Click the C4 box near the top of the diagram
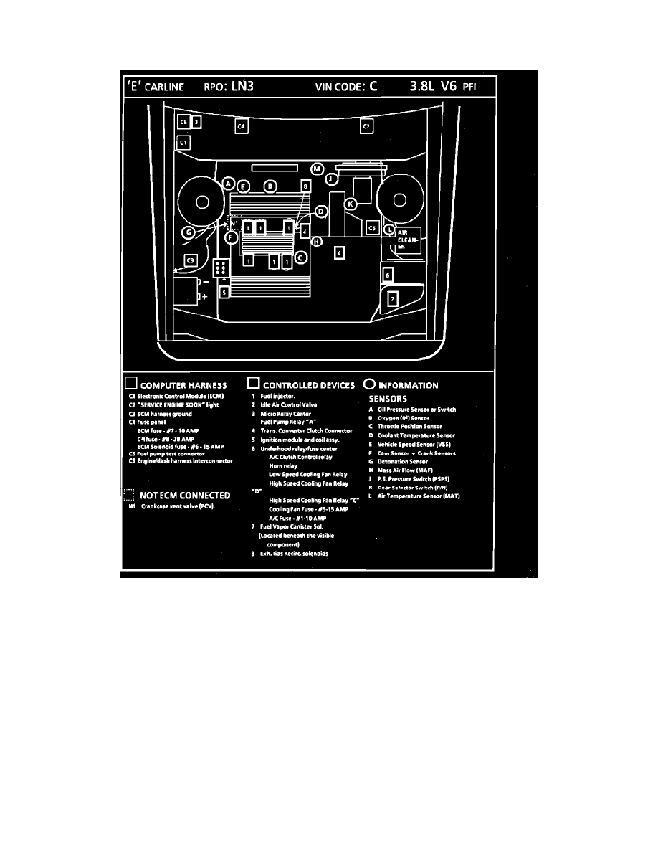pos(241,127)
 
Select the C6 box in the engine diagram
pos(183,122)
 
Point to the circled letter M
pos(317,169)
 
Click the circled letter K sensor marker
pos(350,204)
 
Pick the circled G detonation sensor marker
pos(188,232)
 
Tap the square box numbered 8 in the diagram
pos(305,186)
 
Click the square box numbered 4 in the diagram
pos(340,252)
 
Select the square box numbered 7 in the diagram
pos(392,300)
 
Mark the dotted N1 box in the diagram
pos(234,223)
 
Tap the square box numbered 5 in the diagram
pos(224,292)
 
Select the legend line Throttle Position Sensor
pos(411,427)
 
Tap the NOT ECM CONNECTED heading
pos(185,496)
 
